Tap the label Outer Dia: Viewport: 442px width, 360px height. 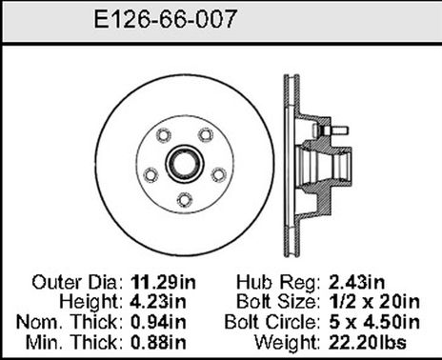pyautogui.click(x=73, y=282)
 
